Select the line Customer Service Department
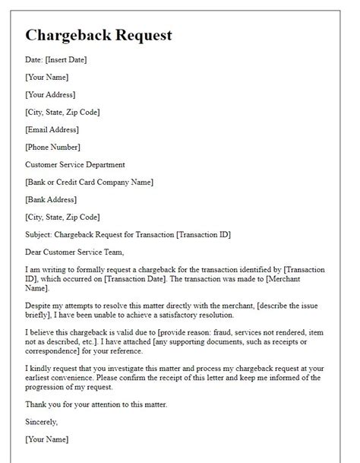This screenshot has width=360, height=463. click(x=75, y=164)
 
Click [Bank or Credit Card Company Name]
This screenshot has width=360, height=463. click(x=90, y=182)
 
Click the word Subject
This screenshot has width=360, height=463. click(x=39, y=234)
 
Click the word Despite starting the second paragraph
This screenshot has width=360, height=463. click(x=39, y=306)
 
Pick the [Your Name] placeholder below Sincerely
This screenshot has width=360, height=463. click(x=47, y=439)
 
